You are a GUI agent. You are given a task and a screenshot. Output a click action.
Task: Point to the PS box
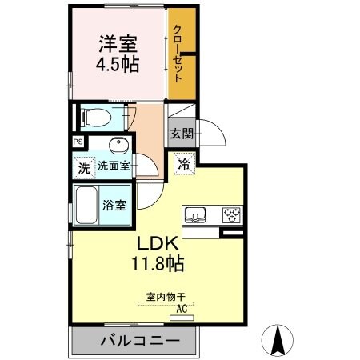coord(78,142)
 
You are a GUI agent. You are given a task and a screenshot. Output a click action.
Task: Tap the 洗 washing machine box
coord(82,168)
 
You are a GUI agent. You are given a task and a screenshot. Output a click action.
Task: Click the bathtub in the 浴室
coord(86,205)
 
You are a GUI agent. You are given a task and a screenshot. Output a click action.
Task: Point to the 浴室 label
coord(114,205)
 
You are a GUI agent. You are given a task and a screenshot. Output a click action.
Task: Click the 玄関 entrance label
coord(179,134)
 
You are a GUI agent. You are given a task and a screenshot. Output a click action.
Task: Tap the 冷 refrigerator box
coord(184,166)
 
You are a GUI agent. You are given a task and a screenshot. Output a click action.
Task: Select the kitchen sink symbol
coord(196,214)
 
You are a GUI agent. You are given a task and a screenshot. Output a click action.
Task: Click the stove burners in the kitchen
coord(231,214)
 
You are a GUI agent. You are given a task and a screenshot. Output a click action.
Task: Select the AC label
coord(182,308)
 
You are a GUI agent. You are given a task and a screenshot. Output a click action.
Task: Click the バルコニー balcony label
coord(134,342)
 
